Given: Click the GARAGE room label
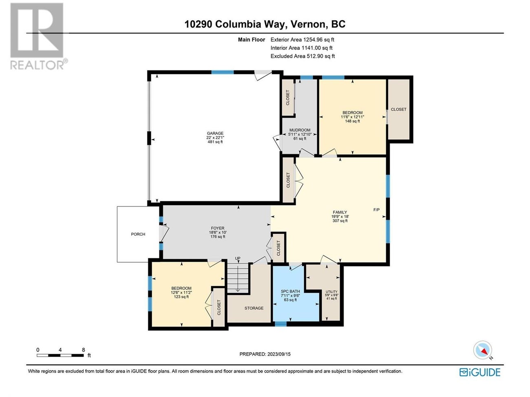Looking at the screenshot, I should click(x=215, y=133).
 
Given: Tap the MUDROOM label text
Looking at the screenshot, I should click(x=299, y=130).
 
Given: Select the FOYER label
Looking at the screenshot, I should click(x=217, y=228).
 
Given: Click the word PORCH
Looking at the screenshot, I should click(x=138, y=234).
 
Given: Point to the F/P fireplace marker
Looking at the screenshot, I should click(x=376, y=210).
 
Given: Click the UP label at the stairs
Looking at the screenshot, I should click(x=238, y=259).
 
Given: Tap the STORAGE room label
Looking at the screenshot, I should click(x=254, y=308).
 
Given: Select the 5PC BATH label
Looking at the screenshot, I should click(x=290, y=291).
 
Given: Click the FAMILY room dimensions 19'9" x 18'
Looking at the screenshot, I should click(x=340, y=217).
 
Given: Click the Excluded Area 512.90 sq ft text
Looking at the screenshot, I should click(x=303, y=56).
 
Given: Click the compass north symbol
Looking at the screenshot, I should click(x=483, y=350).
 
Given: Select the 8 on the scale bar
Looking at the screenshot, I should click(x=83, y=350).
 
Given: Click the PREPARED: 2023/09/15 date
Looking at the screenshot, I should click(x=265, y=354).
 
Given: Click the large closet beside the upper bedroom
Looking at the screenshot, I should click(x=398, y=109).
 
